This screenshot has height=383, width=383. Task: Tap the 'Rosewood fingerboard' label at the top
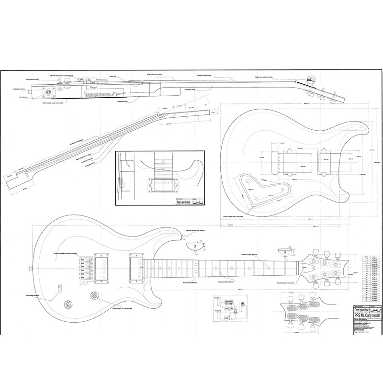click(x=207, y=75)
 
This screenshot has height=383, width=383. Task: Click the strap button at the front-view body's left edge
click(x=31, y=266)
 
